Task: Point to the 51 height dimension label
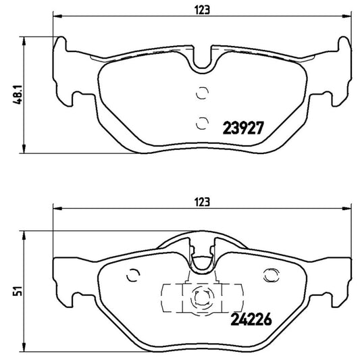9,291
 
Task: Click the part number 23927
242,126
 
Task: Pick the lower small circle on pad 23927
200,122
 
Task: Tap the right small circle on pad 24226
274,274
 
